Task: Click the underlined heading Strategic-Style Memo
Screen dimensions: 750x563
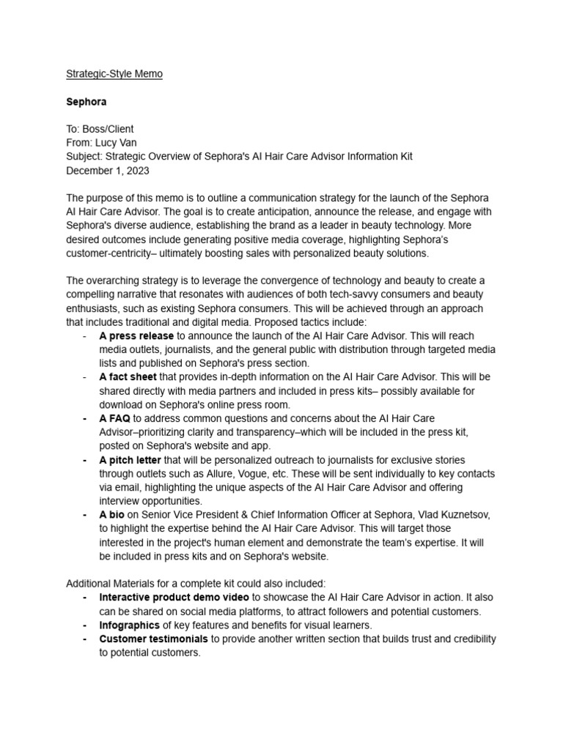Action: tap(114, 74)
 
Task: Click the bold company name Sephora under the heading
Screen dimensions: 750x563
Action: tap(87, 102)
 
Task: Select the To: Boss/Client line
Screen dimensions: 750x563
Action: tap(100, 129)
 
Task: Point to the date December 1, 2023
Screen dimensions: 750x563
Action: tap(108, 171)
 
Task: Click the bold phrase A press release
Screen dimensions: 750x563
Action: tap(136, 335)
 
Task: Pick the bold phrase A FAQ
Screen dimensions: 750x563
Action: tap(115, 418)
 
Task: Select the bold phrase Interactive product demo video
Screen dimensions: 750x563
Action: tap(174, 598)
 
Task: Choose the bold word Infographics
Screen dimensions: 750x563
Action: tap(130, 625)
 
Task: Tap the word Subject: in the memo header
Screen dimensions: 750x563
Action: tap(85, 157)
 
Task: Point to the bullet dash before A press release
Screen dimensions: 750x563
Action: tap(86, 335)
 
